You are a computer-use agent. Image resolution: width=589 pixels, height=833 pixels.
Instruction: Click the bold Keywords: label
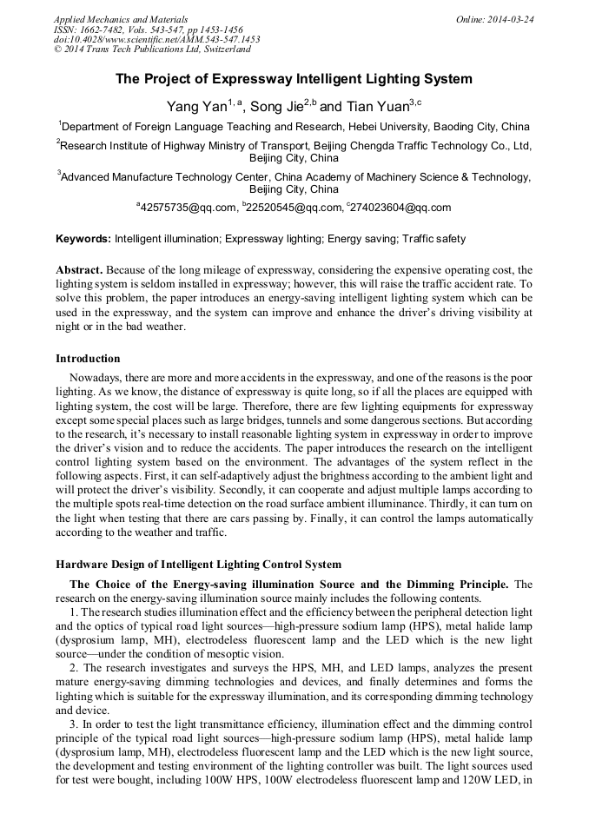(83, 238)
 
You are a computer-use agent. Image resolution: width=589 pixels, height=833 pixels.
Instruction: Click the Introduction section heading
(88, 358)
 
